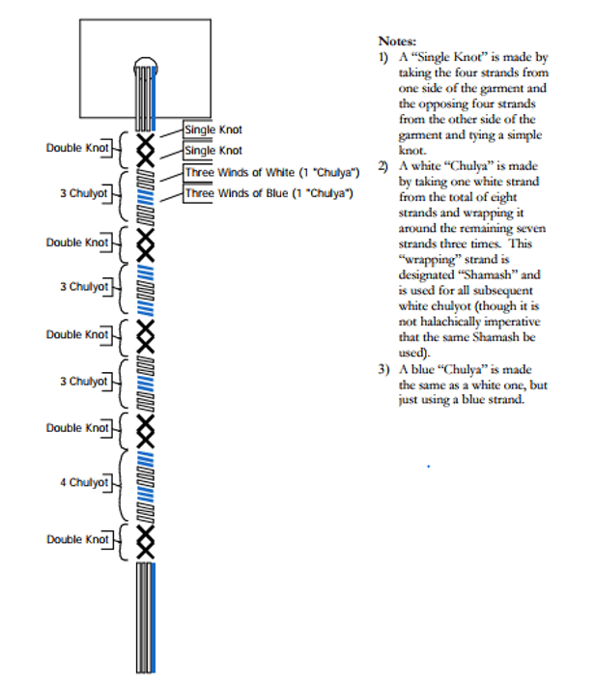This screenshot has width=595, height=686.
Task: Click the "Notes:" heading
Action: (x=397, y=42)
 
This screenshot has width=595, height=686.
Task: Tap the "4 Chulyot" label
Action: (x=84, y=482)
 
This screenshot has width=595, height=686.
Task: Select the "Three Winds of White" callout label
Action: (x=271, y=172)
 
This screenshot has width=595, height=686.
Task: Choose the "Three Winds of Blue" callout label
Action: (x=269, y=193)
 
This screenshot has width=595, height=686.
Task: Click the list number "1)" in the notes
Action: (x=383, y=57)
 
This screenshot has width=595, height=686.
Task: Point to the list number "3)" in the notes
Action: (x=383, y=369)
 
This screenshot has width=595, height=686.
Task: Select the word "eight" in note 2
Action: (x=505, y=197)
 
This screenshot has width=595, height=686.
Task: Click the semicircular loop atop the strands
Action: (x=146, y=59)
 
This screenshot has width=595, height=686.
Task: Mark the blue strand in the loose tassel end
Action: (x=154, y=617)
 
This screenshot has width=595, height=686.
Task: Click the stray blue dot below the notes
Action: (x=428, y=467)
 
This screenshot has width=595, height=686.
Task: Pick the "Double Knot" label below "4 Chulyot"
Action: (x=77, y=539)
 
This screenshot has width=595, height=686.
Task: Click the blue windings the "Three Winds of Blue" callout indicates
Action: (x=146, y=198)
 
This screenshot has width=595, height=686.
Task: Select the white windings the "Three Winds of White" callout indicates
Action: (x=146, y=179)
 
